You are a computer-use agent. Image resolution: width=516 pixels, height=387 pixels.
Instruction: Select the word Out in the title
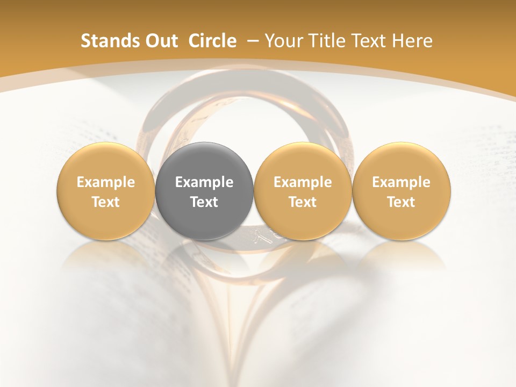161,41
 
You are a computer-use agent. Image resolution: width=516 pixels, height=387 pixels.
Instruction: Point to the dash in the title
251,41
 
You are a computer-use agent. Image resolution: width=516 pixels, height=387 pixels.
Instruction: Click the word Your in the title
282,41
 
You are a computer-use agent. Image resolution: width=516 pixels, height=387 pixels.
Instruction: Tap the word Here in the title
412,41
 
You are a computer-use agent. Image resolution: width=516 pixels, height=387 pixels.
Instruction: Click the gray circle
204,191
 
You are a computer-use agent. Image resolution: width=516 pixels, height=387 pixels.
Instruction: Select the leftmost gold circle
106,191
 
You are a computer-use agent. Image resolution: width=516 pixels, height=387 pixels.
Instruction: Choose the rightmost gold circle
402,191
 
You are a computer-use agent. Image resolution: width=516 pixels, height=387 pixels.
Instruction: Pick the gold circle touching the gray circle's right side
303,191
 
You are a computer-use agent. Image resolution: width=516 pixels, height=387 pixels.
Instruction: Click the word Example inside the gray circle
204,182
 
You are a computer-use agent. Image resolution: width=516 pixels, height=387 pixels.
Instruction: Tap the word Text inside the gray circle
204,202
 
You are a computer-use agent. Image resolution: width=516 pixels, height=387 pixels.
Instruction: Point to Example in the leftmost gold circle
106,182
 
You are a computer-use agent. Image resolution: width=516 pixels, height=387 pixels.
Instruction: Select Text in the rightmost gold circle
402,202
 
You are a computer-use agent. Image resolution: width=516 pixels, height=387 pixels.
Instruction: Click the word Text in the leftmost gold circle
106,202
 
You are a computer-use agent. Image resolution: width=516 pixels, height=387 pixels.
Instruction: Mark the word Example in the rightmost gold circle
402,182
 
